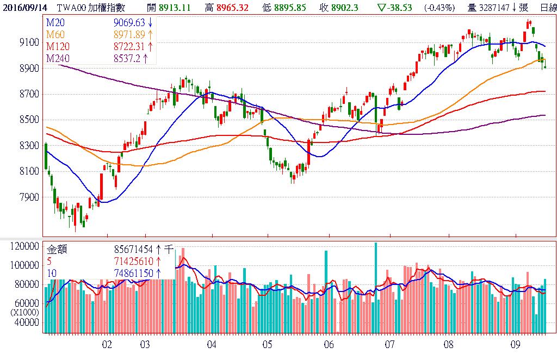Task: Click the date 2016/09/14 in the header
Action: coord(24,8)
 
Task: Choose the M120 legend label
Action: coord(58,47)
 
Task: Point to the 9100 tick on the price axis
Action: coord(28,42)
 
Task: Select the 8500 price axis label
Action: coord(28,120)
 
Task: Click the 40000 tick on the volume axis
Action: coord(27,322)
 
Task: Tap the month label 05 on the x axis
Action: coord(267,344)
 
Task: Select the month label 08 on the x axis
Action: coord(449,344)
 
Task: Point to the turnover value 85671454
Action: coord(133,250)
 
